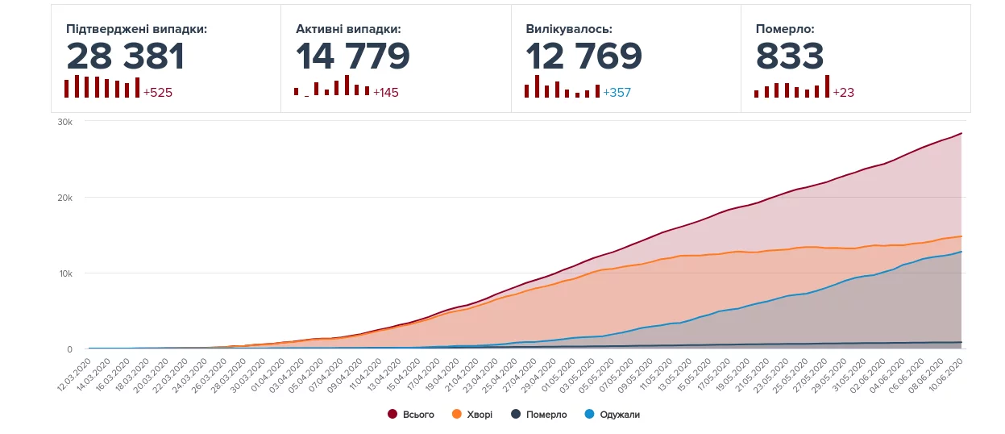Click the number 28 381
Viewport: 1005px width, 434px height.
tap(126, 56)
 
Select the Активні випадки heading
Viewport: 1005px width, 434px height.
tap(348, 29)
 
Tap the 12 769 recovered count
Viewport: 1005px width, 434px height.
tap(583, 56)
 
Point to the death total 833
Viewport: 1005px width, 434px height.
tap(790, 56)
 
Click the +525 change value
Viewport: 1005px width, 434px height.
tap(158, 93)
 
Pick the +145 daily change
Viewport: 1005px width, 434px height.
tap(386, 93)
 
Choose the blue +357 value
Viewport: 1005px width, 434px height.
tap(617, 93)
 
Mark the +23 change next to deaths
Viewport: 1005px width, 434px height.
tap(843, 93)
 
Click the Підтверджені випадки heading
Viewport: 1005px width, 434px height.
tap(137, 29)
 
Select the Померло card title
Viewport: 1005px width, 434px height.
tap(785, 29)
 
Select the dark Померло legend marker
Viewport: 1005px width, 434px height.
tap(515, 415)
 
